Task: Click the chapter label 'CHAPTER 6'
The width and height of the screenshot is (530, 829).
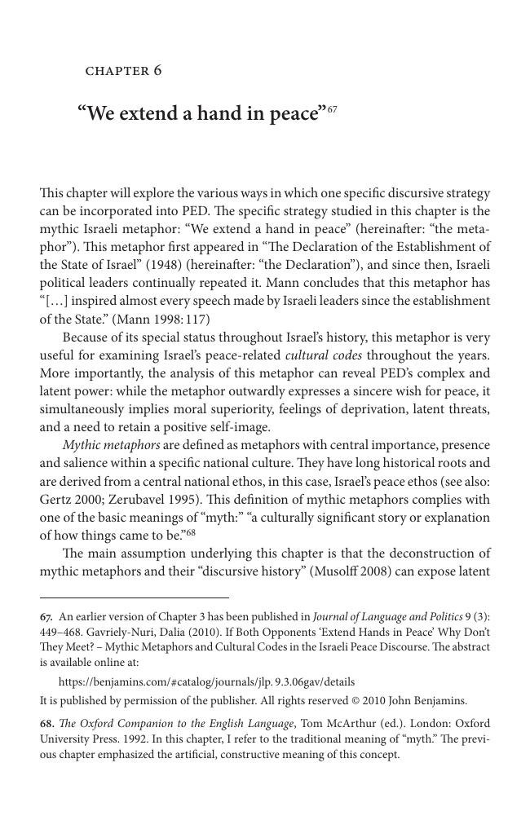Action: (x=123, y=71)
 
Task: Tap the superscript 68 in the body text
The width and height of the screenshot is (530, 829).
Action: (x=191, y=532)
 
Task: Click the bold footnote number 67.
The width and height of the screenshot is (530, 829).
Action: (x=46, y=616)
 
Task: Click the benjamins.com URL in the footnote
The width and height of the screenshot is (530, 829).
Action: (x=206, y=681)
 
